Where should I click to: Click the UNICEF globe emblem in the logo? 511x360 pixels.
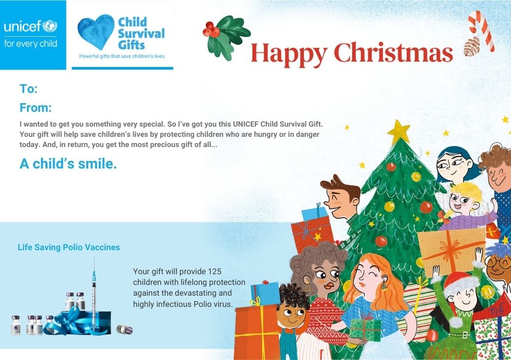point(50,26)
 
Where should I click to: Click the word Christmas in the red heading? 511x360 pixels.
point(393,53)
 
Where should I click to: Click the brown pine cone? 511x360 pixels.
point(471,47)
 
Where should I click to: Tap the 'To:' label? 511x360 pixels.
point(29,89)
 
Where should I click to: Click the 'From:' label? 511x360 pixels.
point(36,108)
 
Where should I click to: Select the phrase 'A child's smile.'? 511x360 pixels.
point(68,163)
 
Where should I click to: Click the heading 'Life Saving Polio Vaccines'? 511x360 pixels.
point(69,247)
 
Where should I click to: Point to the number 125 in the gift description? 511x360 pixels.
point(214,271)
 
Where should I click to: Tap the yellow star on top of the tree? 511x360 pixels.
point(399,132)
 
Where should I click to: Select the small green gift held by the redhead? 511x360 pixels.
point(365,329)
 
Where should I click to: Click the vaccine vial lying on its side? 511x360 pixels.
point(125,329)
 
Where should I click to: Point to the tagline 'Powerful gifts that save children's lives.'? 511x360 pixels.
point(122,56)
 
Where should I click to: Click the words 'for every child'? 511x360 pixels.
point(31,43)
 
